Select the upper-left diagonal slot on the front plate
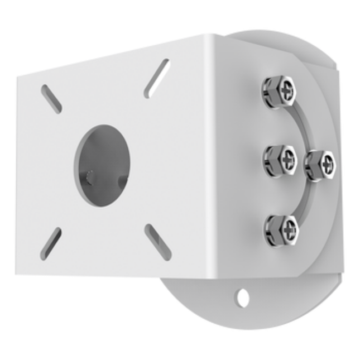point(51,99)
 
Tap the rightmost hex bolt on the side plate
point(320,165)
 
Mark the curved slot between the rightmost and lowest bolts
point(306,201)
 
